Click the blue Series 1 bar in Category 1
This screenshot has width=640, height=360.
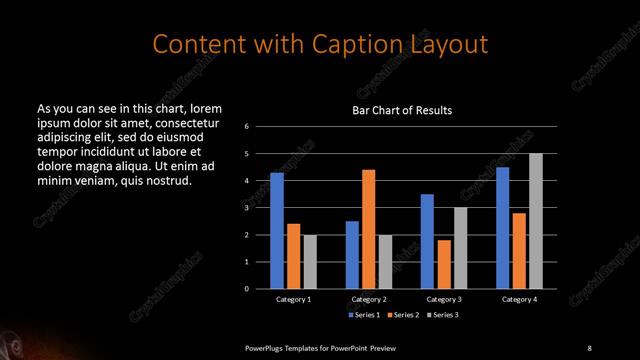(277, 231)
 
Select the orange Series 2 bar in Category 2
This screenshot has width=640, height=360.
(369, 229)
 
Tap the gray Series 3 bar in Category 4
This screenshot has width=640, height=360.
(536, 221)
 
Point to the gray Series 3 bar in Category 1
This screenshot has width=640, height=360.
(309, 262)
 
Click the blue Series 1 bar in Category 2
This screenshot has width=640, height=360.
(352, 255)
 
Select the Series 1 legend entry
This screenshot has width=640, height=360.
(363, 315)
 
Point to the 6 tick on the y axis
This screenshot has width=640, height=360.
(247, 127)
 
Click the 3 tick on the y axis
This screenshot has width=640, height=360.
(247, 208)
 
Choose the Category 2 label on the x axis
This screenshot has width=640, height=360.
(369, 299)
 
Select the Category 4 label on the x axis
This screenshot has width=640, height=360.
(519, 299)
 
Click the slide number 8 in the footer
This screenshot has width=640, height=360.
(589, 347)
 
